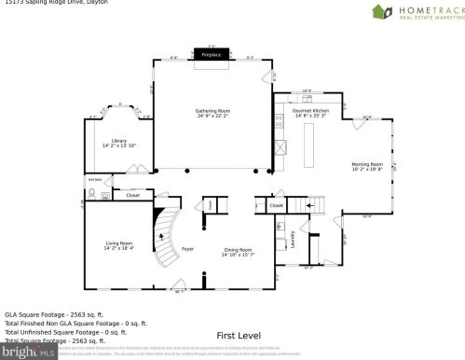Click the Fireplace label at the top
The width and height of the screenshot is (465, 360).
click(212, 55)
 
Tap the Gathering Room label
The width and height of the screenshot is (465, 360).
click(212, 110)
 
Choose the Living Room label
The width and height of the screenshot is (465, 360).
click(118, 243)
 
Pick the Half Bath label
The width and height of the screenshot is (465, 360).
click(94, 179)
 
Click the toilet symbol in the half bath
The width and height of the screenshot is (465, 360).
click(92, 194)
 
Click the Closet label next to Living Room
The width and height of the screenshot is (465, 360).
click(132, 196)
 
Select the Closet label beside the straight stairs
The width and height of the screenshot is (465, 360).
click(277, 204)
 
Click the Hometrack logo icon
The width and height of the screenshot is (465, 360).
click(382, 12)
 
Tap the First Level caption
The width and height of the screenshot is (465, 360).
click(238, 334)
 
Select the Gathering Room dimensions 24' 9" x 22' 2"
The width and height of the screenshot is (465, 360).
click(212, 116)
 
